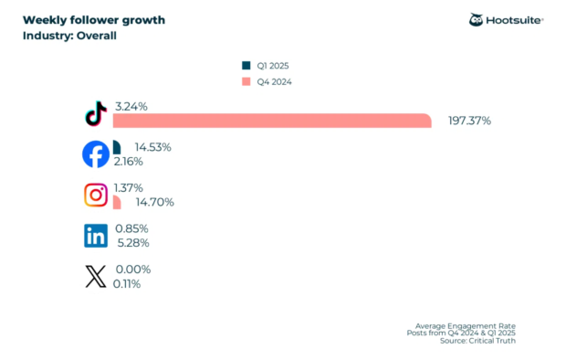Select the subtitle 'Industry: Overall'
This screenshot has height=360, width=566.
(x=69, y=37)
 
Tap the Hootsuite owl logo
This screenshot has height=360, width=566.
(x=477, y=20)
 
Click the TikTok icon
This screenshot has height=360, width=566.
(x=95, y=115)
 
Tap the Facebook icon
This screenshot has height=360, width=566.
(x=96, y=154)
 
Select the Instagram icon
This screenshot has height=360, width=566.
(x=96, y=195)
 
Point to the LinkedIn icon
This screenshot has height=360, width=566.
(x=96, y=236)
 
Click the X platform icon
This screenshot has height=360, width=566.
(x=96, y=277)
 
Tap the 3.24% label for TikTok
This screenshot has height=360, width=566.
(x=131, y=106)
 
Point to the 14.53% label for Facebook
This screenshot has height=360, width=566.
(x=152, y=146)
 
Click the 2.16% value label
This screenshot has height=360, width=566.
(x=131, y=162)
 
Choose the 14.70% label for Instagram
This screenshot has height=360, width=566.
(x=155, y=202)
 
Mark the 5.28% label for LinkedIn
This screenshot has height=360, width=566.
(x=132, y=243)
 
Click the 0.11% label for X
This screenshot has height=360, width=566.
(x=128, y=284)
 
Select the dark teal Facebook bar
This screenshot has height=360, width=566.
(x=116, y=147)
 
